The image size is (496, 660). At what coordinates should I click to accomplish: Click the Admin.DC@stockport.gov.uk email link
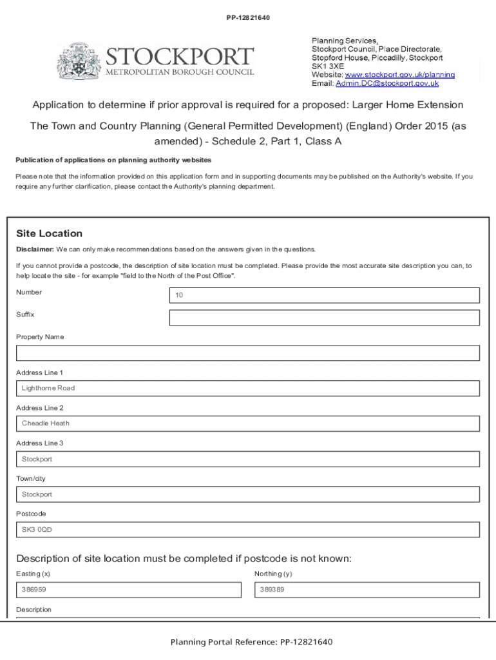point(387,83)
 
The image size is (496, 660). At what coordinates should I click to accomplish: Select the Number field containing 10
point(324,295)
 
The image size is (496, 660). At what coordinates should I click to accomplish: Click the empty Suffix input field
point(324,318)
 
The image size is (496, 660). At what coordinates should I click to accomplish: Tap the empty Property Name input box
point(247,353)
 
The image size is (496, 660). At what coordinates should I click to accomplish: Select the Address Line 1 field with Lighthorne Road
point(247,388)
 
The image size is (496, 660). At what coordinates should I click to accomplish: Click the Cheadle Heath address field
point(247,423)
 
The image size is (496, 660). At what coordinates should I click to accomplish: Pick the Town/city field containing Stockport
point(247,494)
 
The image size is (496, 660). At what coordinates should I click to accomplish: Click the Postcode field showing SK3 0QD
point(247,530)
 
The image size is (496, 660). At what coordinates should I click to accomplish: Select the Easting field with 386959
point(128,590)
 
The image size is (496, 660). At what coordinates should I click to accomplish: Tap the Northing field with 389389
point(367,590)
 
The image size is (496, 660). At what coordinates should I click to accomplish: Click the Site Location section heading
point(49,233)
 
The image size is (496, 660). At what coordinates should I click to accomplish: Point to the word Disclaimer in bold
point(35,249)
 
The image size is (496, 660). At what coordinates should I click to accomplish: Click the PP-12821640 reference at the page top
point(247,17)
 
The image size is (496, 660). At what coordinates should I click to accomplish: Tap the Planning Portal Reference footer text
point(251,642)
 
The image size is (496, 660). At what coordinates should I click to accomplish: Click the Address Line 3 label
point(39,443)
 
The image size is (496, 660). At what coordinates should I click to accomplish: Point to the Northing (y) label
point(273,574)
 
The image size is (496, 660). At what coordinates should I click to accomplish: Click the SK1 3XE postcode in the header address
point(328,66)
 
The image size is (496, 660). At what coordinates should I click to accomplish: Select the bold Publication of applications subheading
point(113,160)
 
